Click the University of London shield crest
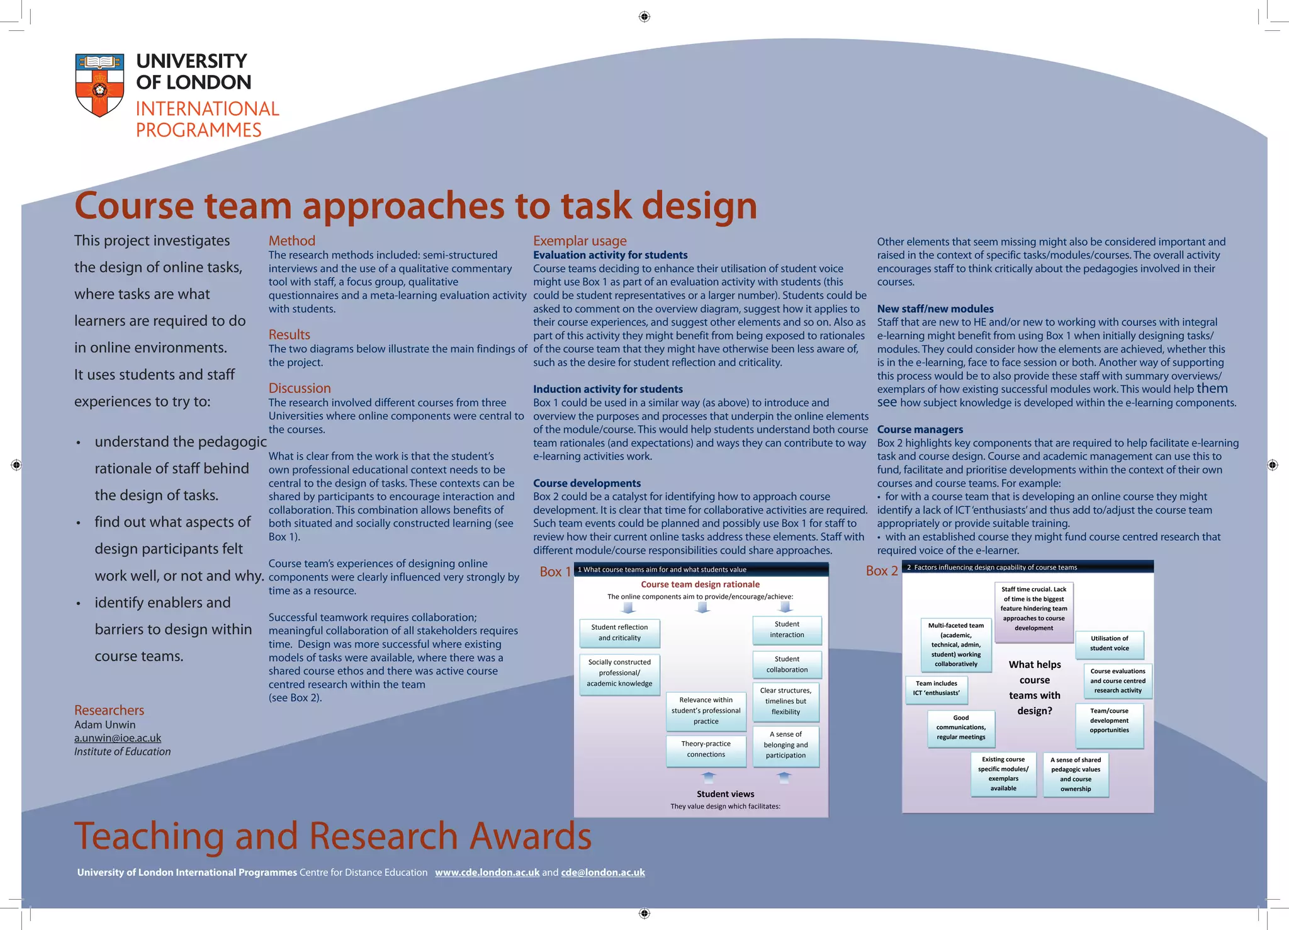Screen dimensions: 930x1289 99,84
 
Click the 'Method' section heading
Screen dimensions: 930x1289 292,241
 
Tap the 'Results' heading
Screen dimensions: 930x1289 290,334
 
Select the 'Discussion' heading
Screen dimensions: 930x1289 300,388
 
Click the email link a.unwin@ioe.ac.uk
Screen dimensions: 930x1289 118,738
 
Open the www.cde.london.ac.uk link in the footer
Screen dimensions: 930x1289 487,872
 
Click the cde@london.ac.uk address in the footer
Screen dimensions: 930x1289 603,872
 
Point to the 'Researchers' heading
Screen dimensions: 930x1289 109,710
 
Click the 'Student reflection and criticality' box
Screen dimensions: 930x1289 619,632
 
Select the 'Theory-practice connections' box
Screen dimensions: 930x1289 706,749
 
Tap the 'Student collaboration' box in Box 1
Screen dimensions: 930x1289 787,664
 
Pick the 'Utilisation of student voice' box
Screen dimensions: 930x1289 1109,644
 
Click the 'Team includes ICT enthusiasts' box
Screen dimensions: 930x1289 937,688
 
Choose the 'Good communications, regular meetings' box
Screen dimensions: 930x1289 960,727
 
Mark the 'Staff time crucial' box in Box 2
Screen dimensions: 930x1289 1033,609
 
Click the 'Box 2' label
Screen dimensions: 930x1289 882,571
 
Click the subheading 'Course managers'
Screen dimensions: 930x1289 920,429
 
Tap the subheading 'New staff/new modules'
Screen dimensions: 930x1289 935,309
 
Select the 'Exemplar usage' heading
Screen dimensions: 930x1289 580,241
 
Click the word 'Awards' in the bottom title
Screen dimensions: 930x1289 530,836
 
